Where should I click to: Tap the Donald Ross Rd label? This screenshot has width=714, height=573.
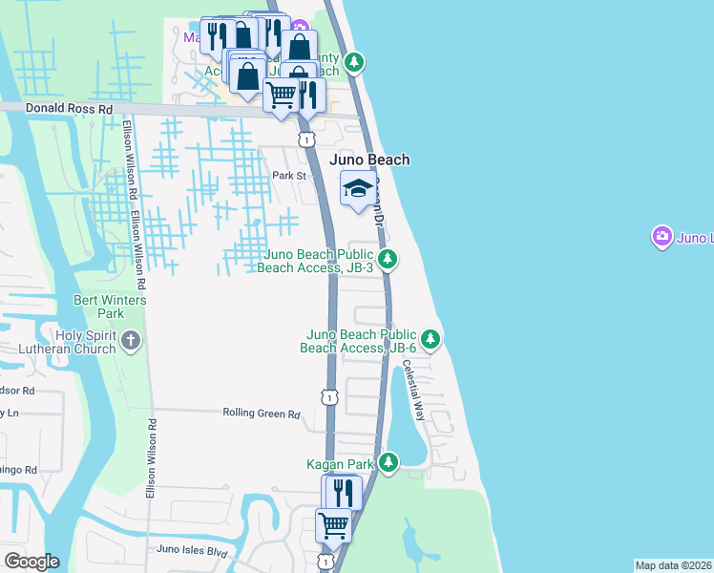click(x=69, y=110)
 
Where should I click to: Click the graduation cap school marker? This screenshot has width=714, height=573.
click(x=358, y=187)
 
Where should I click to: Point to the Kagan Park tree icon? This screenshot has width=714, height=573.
click(x=388, y=463)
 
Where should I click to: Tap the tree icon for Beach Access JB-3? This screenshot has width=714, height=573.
click(x=388, y=258)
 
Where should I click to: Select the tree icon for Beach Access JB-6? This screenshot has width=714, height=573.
click(x=430, y=338)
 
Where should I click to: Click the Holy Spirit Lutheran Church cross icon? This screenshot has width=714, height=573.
click(x=132, y=340)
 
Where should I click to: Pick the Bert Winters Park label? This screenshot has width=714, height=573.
click(x=112, y=307)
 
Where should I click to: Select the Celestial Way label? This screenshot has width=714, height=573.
click(x=413, y=390)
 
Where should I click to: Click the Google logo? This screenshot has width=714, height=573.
click(x=31, y=562)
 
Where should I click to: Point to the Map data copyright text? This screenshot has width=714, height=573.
click(x=673, y=565)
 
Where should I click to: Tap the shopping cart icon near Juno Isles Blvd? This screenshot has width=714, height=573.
click(x=333, y=524)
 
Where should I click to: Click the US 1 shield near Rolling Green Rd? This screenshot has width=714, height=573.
click(x=328, y=395)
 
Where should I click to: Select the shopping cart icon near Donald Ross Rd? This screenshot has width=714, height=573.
click(x=282, y=95)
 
